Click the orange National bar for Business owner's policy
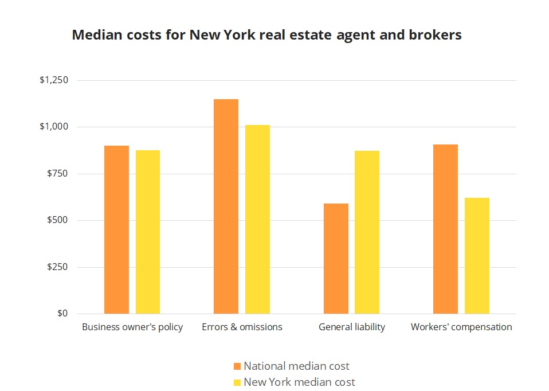click(116, 229)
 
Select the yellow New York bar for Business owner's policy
click(148, 232)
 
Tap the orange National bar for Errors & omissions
click(226, 206)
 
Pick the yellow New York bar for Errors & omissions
click(257, 219)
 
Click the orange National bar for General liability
click(336, 259)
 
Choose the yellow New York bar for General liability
click(367, 232)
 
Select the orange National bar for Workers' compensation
click(445, 229)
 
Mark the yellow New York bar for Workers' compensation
click(477, 256)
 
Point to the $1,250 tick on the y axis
click(54, 80)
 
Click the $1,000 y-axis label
click(54, 127)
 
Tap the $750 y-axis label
click(57, 174)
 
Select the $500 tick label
click(57, 221)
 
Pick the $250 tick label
click(57, 267)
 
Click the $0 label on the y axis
click(62, 314)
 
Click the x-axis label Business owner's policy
click(132, 327)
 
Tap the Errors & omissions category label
click(242, 327)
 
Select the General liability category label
click(352, 327)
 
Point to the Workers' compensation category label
click(461, 327)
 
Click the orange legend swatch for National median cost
click(237, 366)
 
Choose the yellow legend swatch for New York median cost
click(237, 382)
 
